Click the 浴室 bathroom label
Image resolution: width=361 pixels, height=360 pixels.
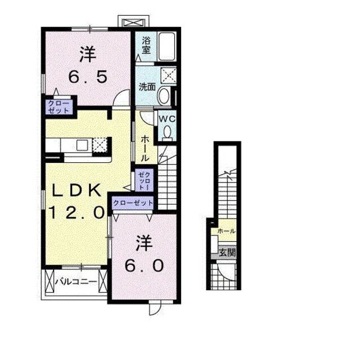point(146,46)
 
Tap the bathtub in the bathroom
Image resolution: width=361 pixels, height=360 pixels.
point(167,46)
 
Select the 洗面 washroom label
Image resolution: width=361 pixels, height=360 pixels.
point(147,87)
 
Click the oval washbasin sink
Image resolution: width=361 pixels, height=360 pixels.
point(164,96)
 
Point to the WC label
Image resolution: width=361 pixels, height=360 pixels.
point(168,119)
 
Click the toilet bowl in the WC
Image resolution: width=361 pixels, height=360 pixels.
point(167,132)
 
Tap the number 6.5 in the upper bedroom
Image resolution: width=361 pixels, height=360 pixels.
point(88,77)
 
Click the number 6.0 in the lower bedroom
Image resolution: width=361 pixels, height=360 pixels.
point(144,266)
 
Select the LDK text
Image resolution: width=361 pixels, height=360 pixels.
point(76,190)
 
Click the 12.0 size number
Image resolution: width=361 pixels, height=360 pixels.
point(76,212)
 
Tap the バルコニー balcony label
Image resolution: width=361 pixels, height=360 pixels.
point(76,281)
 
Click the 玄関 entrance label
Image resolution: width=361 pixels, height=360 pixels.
point(227,252)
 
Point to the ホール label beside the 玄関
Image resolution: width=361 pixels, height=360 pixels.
point(226,231)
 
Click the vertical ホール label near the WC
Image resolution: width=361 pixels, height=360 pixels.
point(145,148)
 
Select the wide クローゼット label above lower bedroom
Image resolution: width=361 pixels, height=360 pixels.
point(133,203)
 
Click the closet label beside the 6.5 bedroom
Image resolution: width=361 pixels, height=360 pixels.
point(59,106)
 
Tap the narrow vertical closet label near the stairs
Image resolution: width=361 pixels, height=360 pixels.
point(144,181)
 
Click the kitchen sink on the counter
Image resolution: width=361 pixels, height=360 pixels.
point(82,145)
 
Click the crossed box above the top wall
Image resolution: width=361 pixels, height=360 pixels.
point(134,23)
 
